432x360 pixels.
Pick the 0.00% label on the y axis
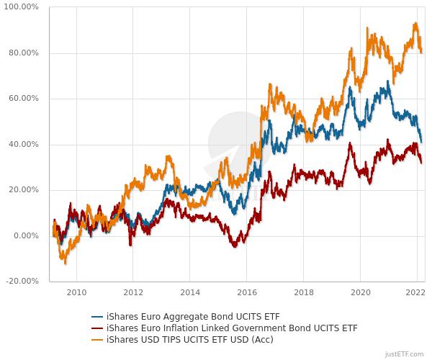click(27, 236)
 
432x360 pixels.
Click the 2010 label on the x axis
click(76, 292)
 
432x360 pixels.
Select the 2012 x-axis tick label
click(133, 292)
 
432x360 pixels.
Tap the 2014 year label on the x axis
click(190, 292)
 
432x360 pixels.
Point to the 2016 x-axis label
click(246, 292)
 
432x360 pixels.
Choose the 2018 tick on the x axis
click(303, 292)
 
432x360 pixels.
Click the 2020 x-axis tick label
click(360, 292)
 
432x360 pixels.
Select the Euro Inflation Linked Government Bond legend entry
click(231, 328)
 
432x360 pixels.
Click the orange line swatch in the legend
click(97, 339)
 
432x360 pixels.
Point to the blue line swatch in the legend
click(97, 317)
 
